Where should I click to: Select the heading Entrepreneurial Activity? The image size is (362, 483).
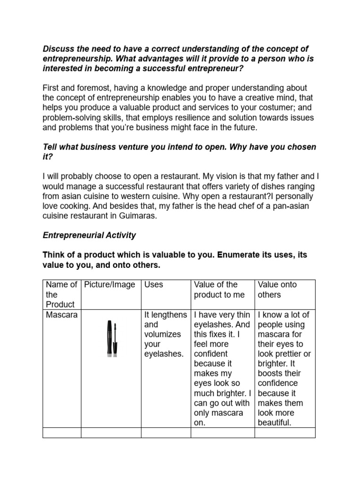90,235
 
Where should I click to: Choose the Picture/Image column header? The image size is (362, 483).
110,284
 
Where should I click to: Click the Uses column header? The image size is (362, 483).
154,284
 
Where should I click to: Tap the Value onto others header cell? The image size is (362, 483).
276,290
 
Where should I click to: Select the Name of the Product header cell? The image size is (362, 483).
61,294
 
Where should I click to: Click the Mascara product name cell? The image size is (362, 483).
61,315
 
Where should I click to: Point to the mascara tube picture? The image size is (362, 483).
111,339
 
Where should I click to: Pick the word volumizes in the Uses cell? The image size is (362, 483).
162,334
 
